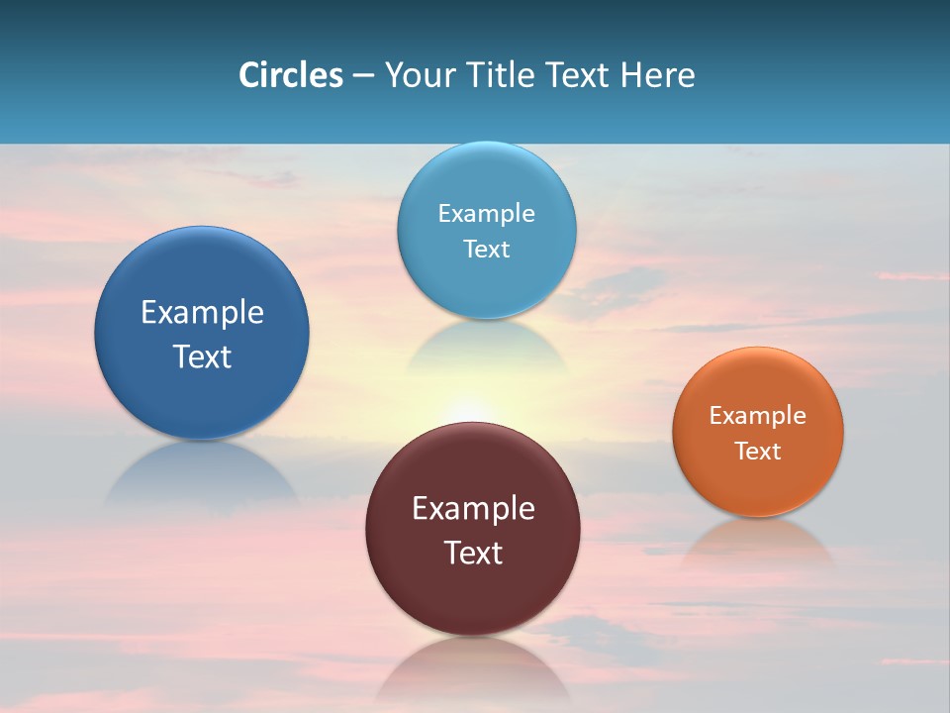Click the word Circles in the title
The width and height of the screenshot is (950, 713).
tap(290, 75)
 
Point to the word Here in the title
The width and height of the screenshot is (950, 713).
tap(658, 75)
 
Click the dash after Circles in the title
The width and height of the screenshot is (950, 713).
tap(363, 76)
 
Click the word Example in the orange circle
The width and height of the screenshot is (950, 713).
tap(758, 416)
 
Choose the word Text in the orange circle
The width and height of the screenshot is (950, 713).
tap(758, 452)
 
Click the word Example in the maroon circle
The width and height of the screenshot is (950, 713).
tap(473, 509)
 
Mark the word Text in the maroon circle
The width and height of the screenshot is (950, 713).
tap(473, 553)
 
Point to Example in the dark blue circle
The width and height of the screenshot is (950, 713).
tap(202, 313)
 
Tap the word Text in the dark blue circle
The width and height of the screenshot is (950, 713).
tap(202, 356)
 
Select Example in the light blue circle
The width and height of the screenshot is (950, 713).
tap(486, 214)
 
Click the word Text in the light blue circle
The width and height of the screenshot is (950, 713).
tap(486, 250)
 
